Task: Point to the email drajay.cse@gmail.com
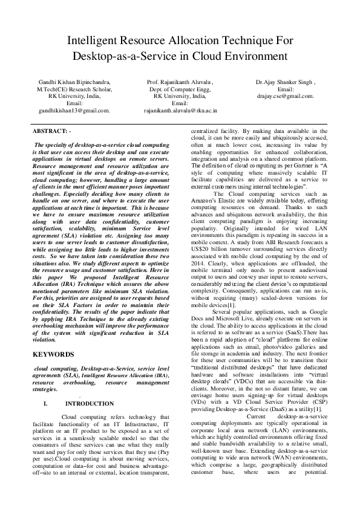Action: click(285, 96)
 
